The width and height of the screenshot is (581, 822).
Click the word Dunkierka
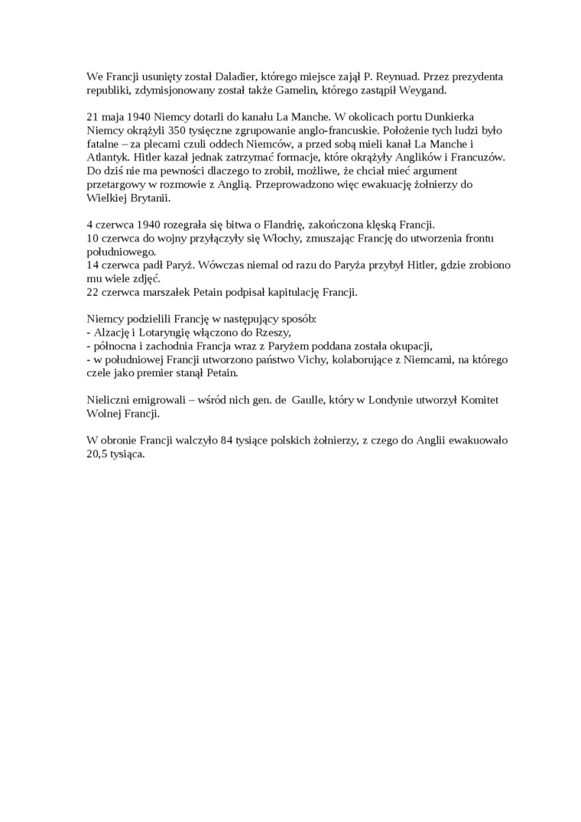[482, 118]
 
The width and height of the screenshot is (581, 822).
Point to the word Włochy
[308, 239]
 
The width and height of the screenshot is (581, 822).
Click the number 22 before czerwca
[93, 292]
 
